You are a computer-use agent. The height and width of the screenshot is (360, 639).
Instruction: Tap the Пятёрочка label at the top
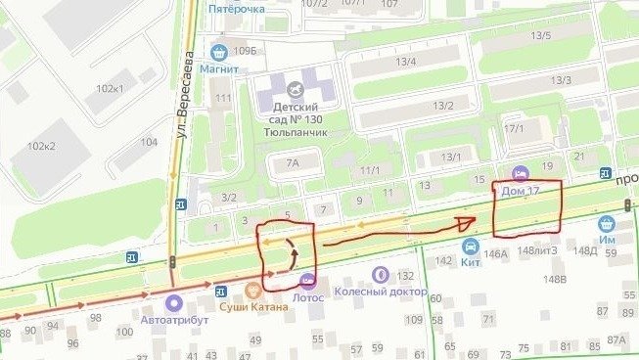tap(237, 8)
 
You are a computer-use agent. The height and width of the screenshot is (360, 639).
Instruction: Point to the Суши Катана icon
tap(253, 290)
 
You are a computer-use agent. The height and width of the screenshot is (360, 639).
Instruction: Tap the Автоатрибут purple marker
tap(174, 302)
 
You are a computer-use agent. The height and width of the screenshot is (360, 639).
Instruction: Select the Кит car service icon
tap(471, 247)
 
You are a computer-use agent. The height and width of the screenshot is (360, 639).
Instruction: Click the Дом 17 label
tap(521, 191)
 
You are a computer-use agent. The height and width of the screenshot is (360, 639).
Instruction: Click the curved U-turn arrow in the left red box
tap(291, 251)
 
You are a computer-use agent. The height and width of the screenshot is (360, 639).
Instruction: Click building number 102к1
tap(110, 89)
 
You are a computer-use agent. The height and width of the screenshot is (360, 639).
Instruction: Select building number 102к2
tap(41, 146)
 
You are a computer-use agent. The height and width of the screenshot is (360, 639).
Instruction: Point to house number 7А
tap(292, 164)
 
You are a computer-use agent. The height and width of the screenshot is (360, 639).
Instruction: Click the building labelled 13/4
tap(404, 63)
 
